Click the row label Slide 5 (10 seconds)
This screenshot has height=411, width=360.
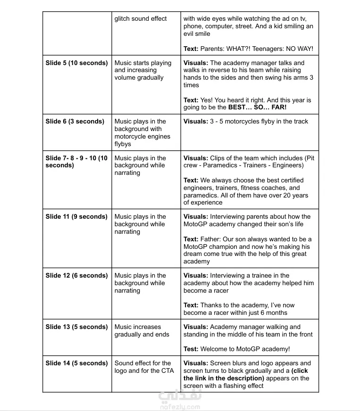[76, 63]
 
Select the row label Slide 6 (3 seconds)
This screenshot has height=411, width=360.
[75, 121]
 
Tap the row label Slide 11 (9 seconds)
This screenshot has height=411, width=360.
[76, 217]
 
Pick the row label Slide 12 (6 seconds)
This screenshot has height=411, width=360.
[76, 276]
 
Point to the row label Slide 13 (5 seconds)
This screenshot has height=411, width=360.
[76, 327]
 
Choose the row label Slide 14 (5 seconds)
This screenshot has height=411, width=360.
[76, 363]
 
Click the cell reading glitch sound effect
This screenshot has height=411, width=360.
[141, 19]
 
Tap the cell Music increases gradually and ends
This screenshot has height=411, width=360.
[142, 331]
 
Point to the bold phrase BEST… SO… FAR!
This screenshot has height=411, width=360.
[257, 107]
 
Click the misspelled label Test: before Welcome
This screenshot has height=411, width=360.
[191, 349]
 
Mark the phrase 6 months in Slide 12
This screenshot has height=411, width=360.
[274, 312]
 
